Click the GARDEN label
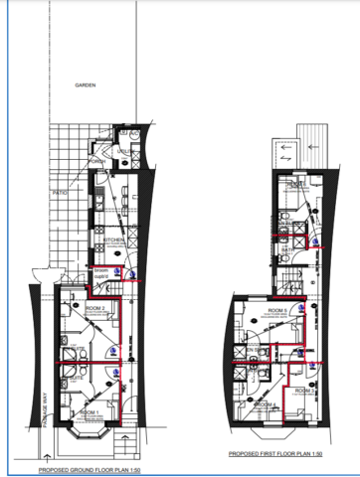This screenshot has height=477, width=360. pos(86,85)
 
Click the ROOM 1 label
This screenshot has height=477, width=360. pos(90,411)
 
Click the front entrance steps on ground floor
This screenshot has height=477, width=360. pos(128,437)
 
